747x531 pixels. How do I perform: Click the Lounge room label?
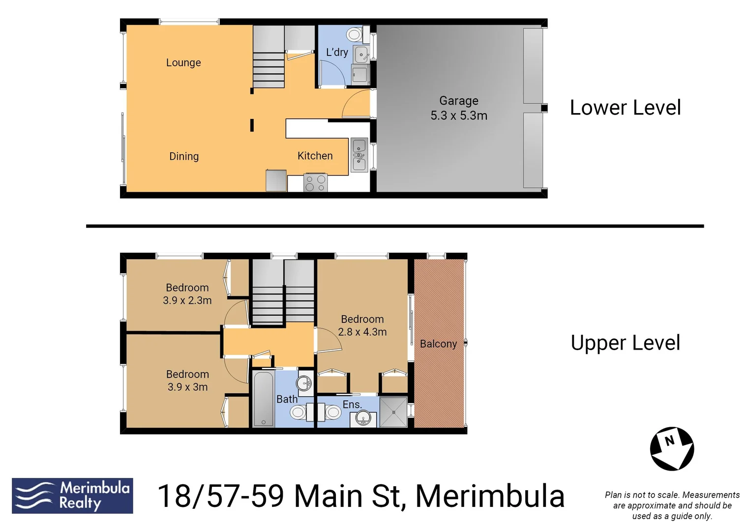183,62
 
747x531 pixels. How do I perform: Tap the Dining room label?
184,156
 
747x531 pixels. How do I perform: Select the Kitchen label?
315,156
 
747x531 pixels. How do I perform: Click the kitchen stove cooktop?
315,183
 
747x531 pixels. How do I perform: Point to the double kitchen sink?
359,155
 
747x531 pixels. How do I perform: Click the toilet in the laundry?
355,35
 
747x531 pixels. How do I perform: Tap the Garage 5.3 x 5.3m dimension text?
459,116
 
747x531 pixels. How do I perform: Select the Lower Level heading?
625,108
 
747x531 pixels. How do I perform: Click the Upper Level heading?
625,343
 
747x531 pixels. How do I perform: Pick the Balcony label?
438,344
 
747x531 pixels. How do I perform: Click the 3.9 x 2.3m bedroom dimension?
187,300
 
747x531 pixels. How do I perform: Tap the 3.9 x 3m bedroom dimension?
187,387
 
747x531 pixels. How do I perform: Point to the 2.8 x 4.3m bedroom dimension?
362,332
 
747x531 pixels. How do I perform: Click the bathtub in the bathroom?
264,399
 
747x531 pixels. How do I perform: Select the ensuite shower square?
393,412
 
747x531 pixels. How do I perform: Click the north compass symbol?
672,449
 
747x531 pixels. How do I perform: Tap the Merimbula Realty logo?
72,496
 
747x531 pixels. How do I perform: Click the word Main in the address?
329,496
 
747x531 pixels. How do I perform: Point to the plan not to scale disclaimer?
672,505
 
